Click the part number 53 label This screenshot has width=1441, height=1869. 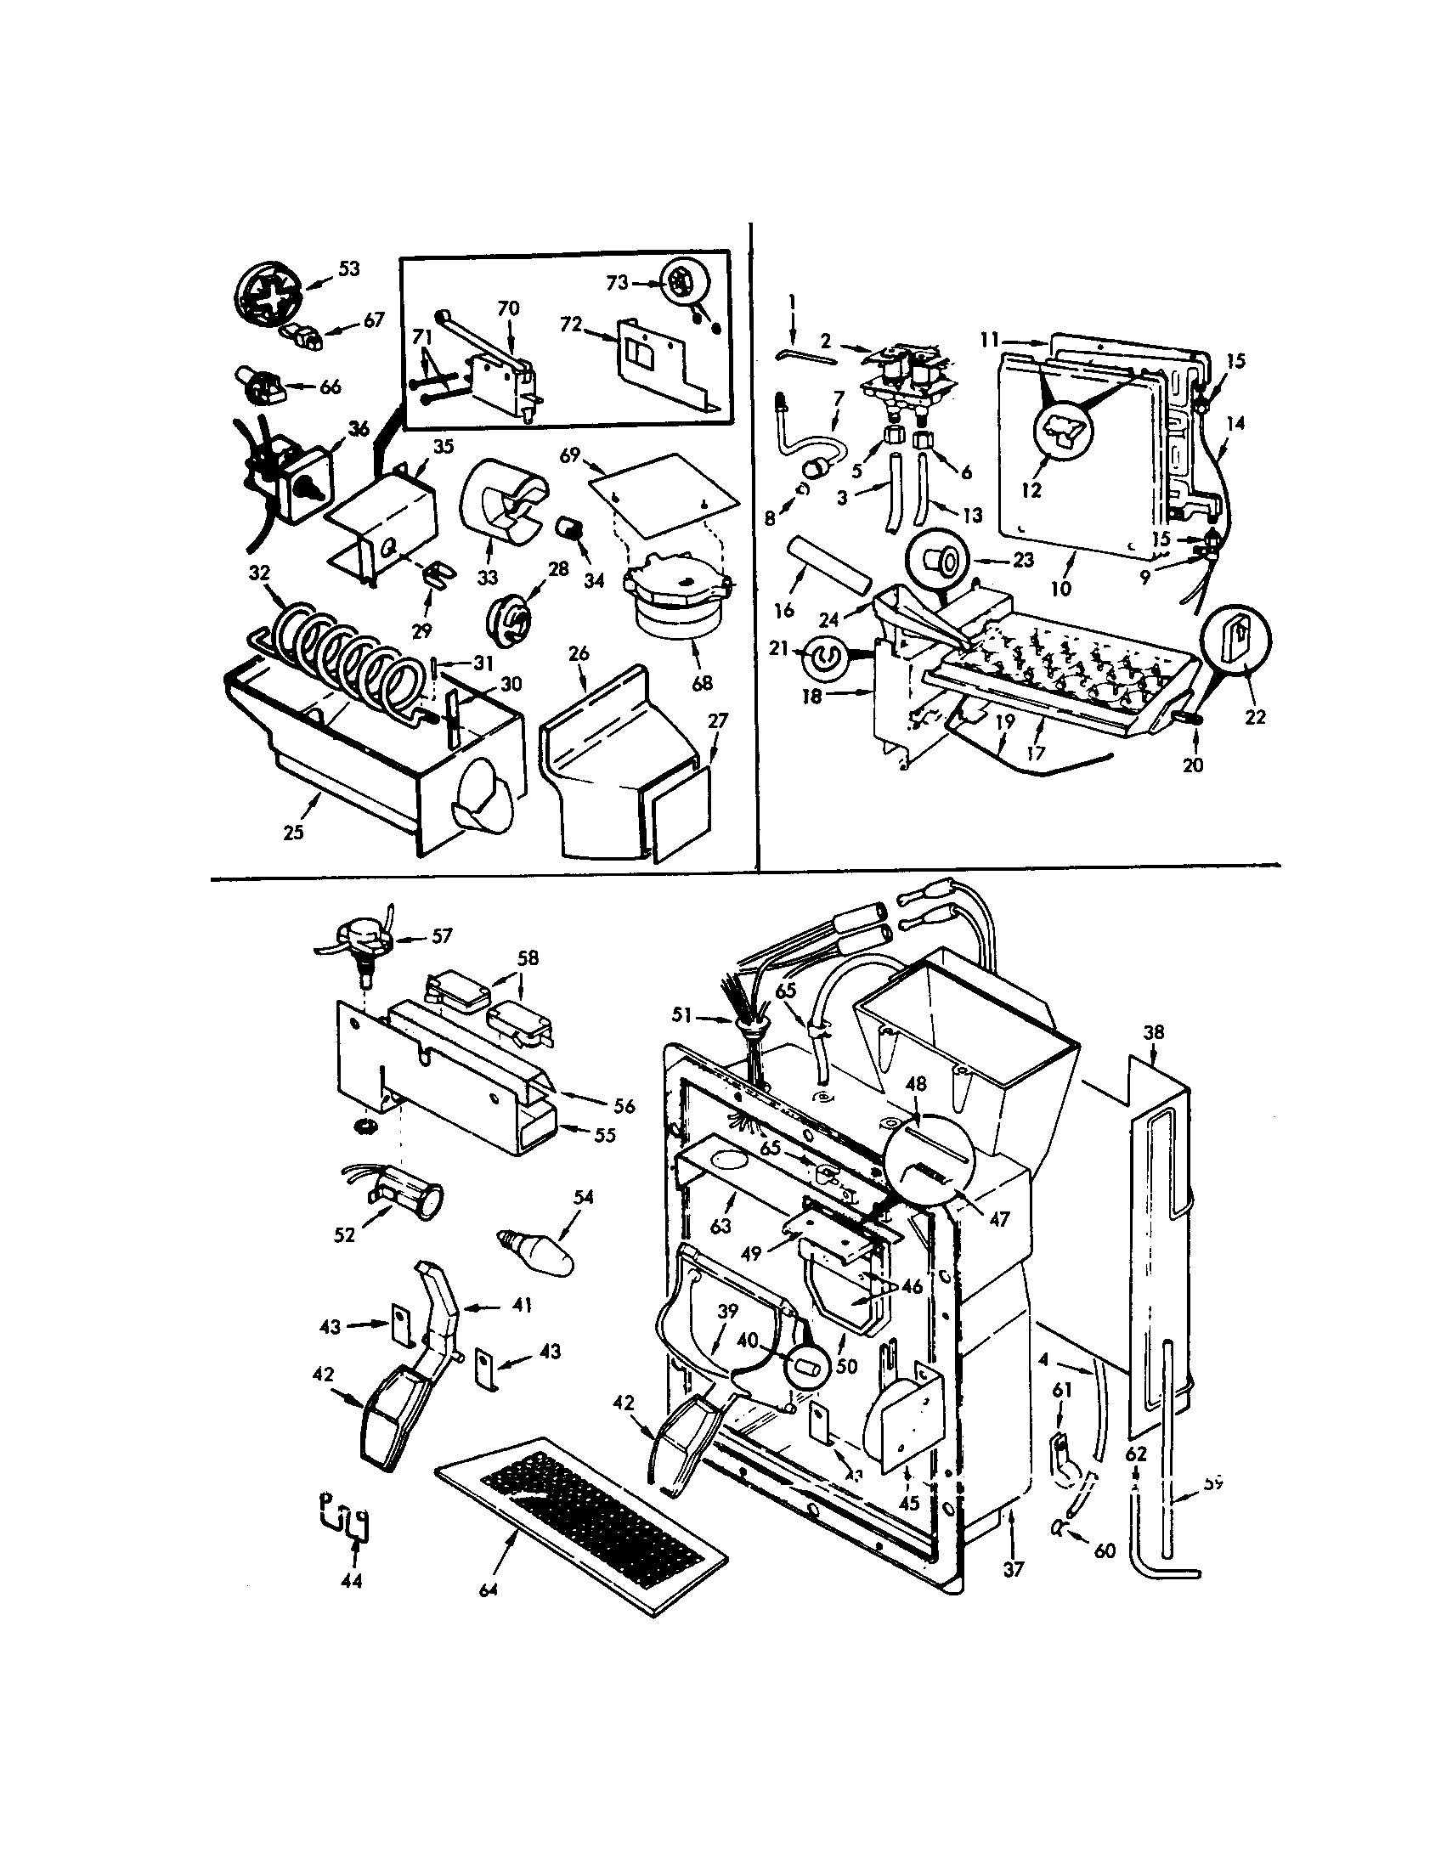click(348, 268)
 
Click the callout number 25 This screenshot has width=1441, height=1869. click(293, 832)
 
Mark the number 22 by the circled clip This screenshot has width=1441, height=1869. click(1254, 717)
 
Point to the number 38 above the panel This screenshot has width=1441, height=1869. click(1154, 1032)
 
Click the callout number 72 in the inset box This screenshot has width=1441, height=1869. click(571, 325)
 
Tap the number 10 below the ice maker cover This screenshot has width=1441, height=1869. click(1060, 589)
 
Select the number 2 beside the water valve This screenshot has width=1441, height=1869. click(825, 341)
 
